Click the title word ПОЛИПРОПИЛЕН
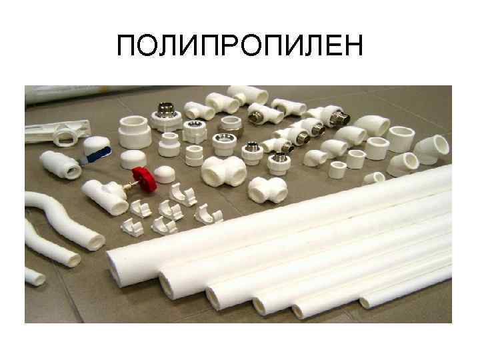pyautogui.click(x=239, y=46)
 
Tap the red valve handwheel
pyautogui.click(x=142, y=177)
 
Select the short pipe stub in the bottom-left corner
pyautogui.click(x=34, y=276)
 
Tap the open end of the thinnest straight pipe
pyautogui.click(x=365, y=302)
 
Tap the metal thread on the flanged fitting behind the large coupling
pyautogui.click(x=165, y=109)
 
